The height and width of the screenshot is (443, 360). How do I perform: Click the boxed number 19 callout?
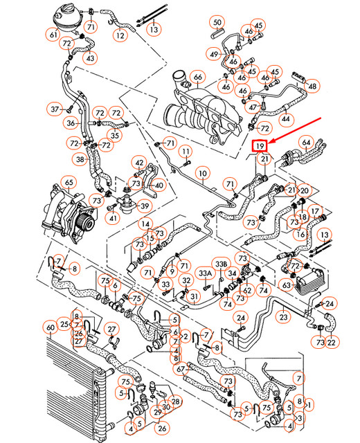[x=260, y=147]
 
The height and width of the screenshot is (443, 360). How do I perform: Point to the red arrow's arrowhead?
[x=270, y=143]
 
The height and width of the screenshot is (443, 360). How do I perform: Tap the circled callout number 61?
[x=53, y=35]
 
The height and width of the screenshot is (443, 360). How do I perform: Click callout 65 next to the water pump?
[x=69, y=183]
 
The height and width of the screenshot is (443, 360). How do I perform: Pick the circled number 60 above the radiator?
[x=50, y=327]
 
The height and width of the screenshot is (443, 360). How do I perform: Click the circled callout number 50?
[x=217, y=23]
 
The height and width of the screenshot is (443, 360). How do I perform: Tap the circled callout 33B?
[x=221, y=264]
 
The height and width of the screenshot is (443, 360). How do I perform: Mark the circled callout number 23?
[x=282, y=316]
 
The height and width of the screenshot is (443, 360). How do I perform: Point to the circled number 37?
[x=56, y=108]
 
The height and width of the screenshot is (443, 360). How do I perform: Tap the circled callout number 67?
[x=180, y=370]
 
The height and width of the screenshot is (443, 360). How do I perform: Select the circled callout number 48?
[x=313, y=87]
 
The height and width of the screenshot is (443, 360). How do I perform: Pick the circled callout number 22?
[x=332, y=342]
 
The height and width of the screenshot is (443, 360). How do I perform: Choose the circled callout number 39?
[x=145, y=205]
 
